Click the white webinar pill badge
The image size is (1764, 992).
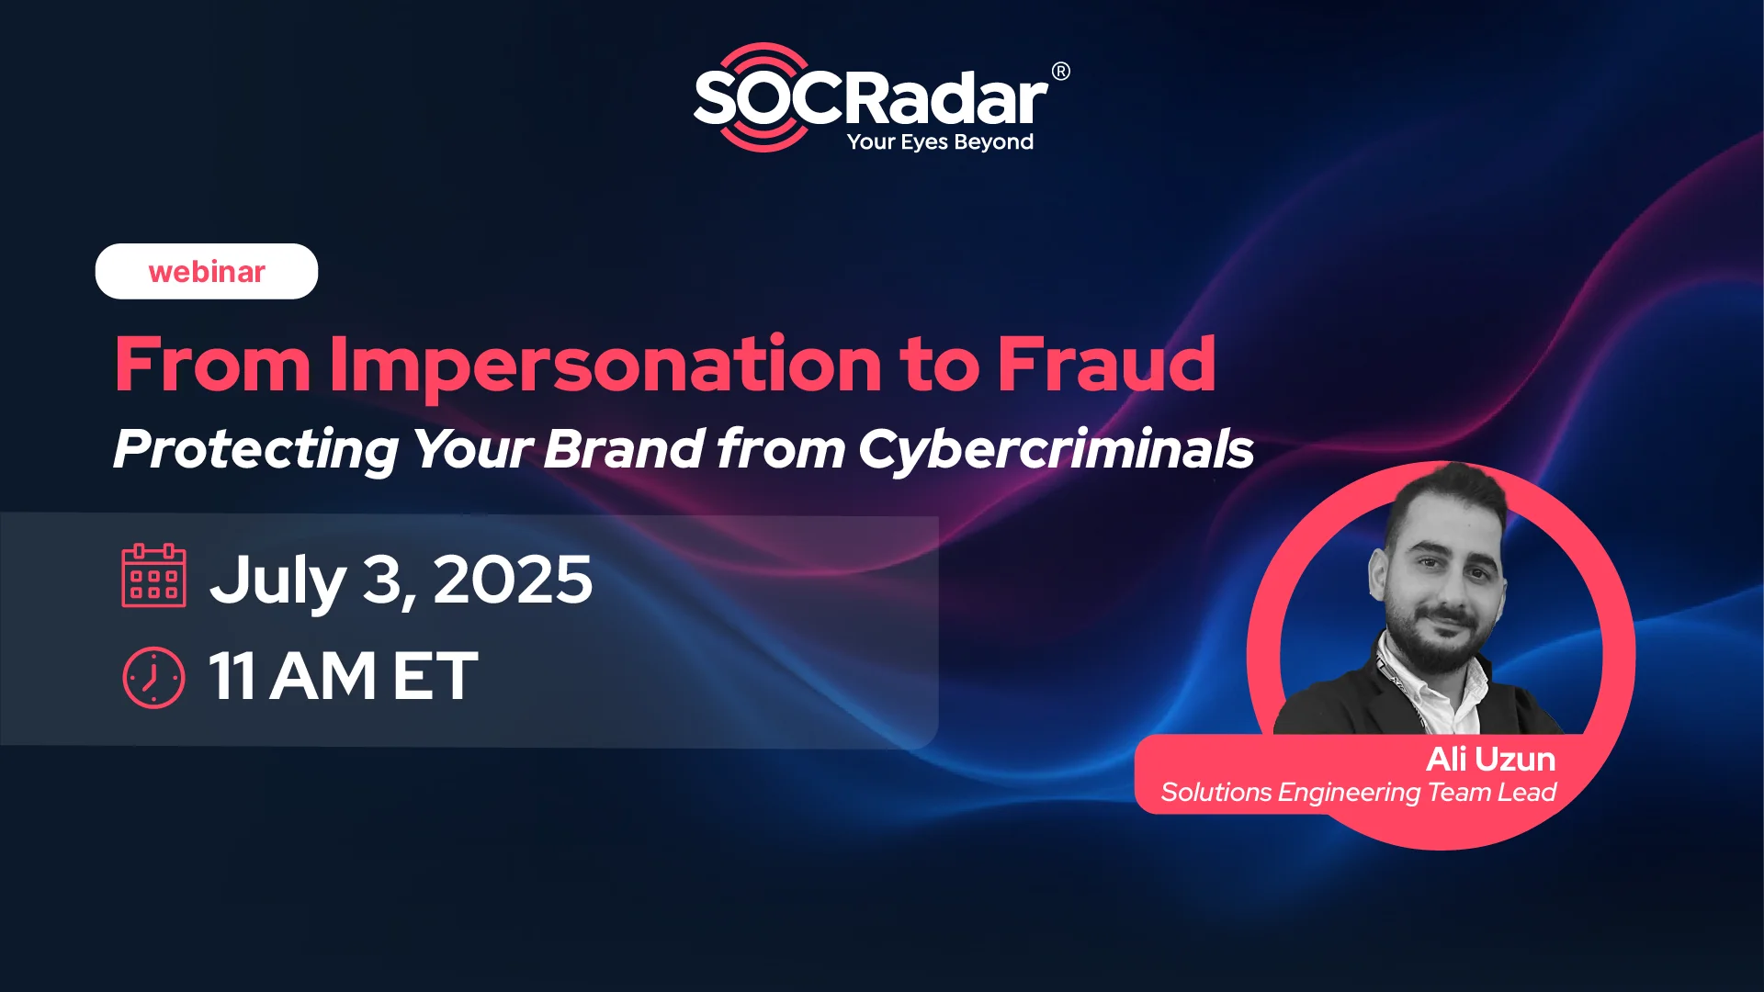[207, 271]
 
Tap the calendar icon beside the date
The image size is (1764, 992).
[154, 576]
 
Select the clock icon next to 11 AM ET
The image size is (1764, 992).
[153, 678]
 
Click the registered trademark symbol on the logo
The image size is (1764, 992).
[1060, 72]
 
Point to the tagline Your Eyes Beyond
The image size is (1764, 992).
[940, 142]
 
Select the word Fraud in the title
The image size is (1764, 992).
[1107, 364]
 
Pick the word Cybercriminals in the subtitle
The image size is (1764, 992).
[1057, 450]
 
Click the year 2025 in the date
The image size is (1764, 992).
[513, 580]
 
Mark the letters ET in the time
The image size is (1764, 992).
[435, 676]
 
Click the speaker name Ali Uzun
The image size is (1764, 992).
[1490, 760]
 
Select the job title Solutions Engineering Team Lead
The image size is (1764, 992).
[1358, 793]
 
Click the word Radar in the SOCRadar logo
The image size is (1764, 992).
[946, 98]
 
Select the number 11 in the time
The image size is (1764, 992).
[232, 676]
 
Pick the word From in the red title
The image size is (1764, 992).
[213, 365]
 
